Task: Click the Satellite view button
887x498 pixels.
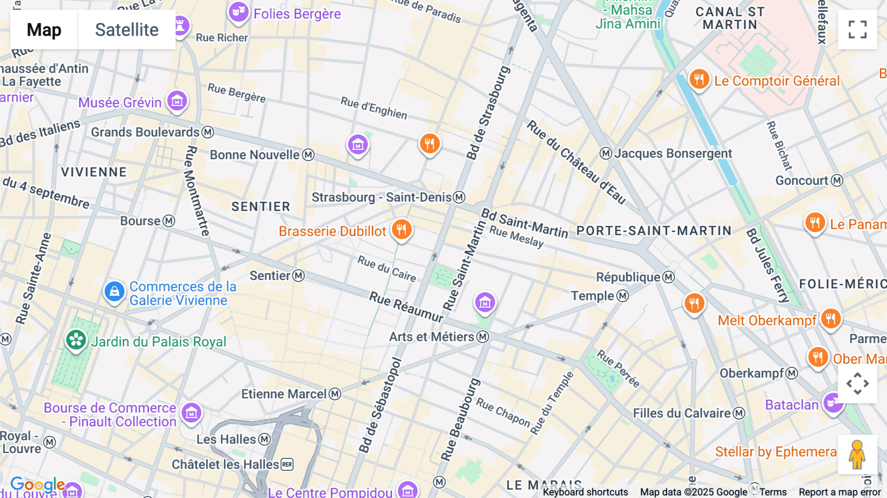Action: click(127, 30)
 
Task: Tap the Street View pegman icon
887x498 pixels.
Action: click(857, 455)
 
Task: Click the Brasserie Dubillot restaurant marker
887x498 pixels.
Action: click(402, 230)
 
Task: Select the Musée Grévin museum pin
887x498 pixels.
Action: click(177, 101)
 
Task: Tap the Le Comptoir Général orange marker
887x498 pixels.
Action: click(699, 79)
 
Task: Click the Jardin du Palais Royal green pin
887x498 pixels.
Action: click(76, 340)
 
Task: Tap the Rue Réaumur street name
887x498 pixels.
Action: click(407, 306)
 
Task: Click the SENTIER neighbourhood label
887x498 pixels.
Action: click(261, 207)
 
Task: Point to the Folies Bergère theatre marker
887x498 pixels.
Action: click(238, 12)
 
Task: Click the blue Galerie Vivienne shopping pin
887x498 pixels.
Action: click(114, 291)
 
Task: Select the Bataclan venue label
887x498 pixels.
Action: click(791, 405)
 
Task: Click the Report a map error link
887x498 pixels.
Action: click(839, 492)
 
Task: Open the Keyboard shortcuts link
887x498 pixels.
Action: click(585, 492)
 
